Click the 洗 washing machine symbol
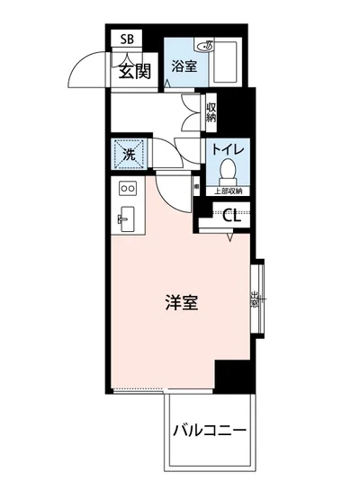coord(127,154)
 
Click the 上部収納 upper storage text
coord(228,191)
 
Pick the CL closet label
coord(230,214)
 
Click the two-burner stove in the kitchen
coord(127,190)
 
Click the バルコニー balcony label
coord(209,432)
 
